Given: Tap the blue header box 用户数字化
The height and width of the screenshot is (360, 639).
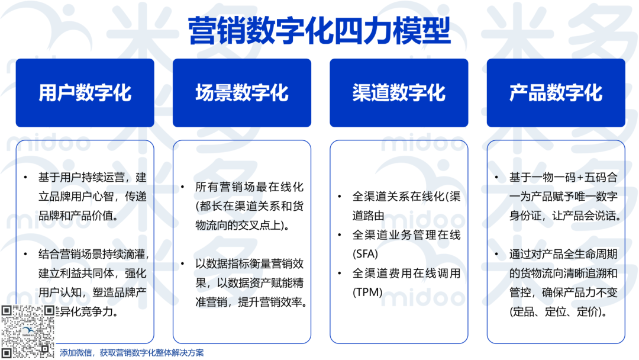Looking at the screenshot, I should pos(85,93).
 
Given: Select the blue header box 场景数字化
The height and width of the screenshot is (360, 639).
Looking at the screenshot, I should pos(241,93).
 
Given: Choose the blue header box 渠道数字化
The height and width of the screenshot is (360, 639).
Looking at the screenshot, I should pos(398,93).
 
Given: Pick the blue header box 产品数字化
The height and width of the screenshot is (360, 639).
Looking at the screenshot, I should pos(556,93).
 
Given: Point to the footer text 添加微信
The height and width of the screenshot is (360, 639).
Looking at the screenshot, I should pos(73,353).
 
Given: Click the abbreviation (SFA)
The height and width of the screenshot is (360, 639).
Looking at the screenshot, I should pos(365,253).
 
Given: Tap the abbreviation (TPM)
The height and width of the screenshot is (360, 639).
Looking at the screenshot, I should pos(367,292).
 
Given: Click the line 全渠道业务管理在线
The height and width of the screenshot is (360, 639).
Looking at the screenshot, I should pos(406,234).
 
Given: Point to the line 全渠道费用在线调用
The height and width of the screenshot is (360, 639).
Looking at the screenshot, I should pos(406,273).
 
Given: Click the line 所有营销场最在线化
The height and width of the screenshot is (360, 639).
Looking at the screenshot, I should pos(249,187).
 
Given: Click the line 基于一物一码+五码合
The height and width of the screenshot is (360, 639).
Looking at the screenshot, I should pos(563,177).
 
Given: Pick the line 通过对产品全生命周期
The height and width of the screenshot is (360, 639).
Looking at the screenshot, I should pos(563,254).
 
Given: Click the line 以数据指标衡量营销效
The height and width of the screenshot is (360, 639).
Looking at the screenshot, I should pos(249,263).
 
